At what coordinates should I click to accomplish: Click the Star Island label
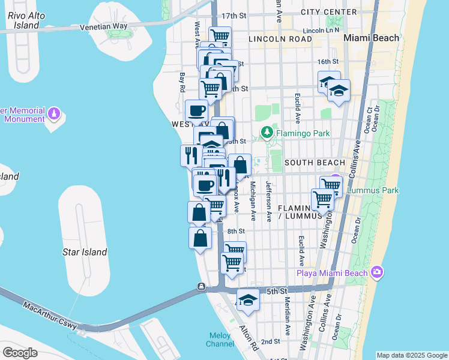(x=85, y=252)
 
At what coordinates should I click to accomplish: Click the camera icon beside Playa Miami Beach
(x=377, y=272)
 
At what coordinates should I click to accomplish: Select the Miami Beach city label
(x=370, y=38)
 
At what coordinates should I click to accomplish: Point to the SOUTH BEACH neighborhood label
(x=315, y=163)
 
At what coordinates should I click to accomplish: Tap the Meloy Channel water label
(x=220, y=340)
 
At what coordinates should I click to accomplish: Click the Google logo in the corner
(x=20, y=352)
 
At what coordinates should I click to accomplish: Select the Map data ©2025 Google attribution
(x=412, y=355)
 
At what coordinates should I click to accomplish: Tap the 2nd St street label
(x=270, y=341)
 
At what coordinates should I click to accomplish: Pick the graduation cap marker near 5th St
(x=247, y=299)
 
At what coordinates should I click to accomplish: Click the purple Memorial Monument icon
(x=55, y=113)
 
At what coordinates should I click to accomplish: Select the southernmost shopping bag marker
(x=200, y=238)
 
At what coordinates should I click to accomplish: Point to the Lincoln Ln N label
(x=321, y=29)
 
